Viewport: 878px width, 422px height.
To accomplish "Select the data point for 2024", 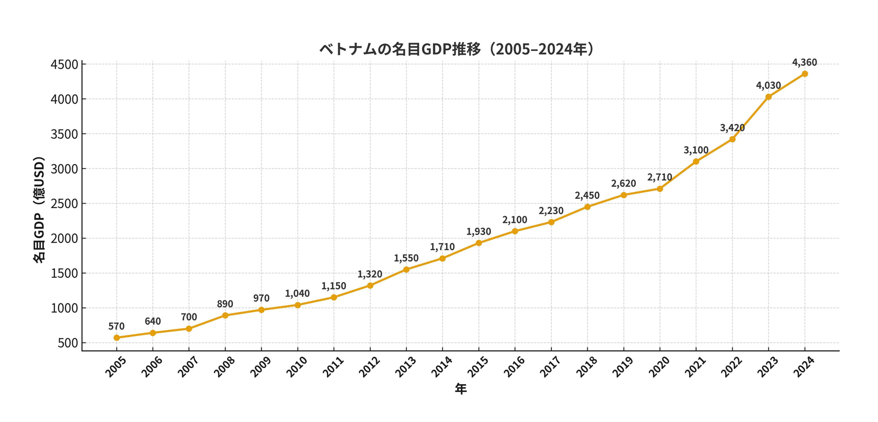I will [804, 74].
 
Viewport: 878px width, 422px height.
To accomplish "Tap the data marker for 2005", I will [117, 338].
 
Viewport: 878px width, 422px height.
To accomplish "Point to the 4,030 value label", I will [768, 85].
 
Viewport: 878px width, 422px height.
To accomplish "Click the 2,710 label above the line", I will [660, 177].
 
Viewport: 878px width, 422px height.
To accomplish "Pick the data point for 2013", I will [406, 270].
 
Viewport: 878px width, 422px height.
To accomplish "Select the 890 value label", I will [225, 304].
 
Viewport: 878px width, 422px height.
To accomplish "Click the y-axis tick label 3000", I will [64, 169].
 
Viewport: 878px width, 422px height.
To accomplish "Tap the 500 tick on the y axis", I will [67, 343].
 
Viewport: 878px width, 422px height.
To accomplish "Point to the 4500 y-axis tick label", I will [64, 65].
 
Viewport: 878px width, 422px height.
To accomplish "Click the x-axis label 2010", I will [297, 367].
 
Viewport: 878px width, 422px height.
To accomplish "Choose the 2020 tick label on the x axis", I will [659, 367].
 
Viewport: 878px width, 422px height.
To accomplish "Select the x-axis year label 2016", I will [514, 367].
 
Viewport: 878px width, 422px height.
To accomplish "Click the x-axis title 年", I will [461, 389].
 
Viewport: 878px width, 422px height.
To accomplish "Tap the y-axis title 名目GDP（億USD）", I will [39, 210].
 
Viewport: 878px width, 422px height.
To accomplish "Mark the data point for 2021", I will [696, 162].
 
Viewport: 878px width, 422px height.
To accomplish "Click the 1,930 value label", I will [479, 232].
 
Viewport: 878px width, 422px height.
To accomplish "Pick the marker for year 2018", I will [587, 207].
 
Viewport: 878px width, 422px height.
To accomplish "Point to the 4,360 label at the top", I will [804, 62].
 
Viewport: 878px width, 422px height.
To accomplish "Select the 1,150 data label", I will [334, 286].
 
